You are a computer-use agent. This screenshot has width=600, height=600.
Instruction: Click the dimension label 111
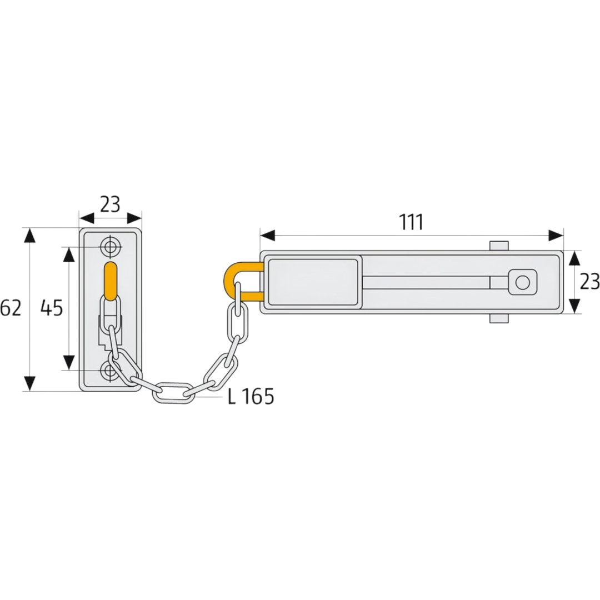point(411,222)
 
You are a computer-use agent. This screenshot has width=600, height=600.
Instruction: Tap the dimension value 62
point(11,308)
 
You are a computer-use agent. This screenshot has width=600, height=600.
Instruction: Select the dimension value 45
point(52,308)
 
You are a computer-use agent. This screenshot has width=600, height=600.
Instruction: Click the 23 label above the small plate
point(110,204)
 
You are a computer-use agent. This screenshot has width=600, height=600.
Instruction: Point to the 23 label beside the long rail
point(589,282)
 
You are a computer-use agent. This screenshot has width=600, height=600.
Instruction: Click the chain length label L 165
point(251,397)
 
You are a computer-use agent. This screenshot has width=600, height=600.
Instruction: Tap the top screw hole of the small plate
point(111,247)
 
